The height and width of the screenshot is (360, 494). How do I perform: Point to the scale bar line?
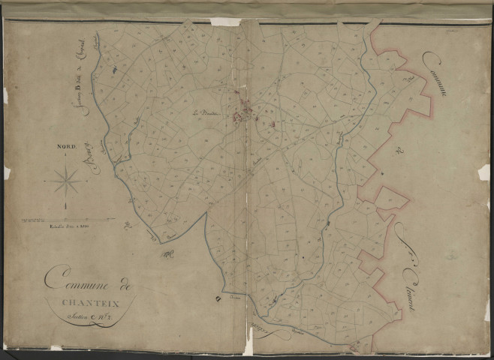coord(68,219)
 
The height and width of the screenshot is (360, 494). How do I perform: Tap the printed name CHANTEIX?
coord(89,303)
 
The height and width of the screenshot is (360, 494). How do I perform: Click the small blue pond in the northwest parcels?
coord(113,69)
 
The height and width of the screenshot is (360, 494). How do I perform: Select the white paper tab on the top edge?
coord(224,22)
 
